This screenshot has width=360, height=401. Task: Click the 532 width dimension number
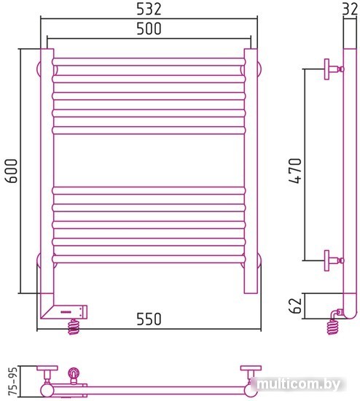pos(149,9)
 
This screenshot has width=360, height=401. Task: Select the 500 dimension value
pos(149,28)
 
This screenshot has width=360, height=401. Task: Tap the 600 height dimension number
pos(12,171)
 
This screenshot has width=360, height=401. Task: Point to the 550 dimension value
pos(149,319)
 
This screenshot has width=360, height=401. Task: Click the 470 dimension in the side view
pos(295,171)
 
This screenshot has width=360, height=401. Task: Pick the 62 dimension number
pos(295,305)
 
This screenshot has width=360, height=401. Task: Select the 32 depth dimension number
pos(351,9)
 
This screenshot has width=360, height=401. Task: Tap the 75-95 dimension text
pos(12,381)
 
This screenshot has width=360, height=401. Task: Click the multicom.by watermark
pos(298,384)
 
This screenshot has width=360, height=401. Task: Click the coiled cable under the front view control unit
pos(74,327)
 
